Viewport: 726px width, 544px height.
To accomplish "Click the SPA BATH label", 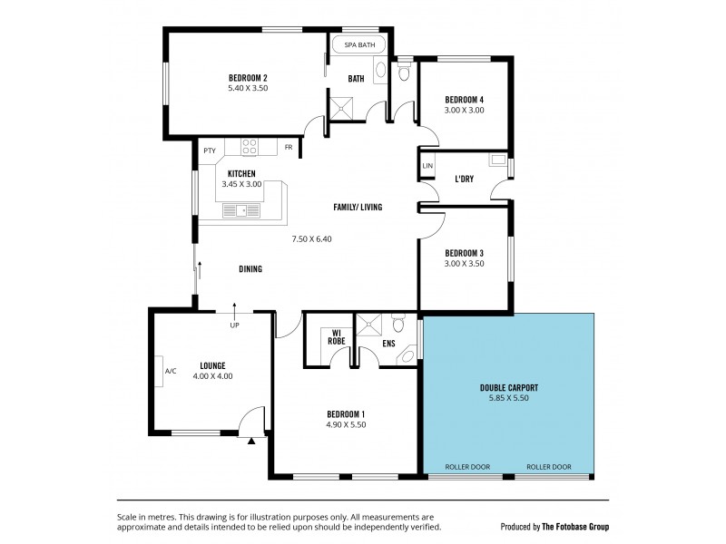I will point(358,44).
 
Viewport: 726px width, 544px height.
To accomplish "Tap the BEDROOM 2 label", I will point(247,77).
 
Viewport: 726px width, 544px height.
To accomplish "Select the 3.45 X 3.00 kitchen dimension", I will point(241,184).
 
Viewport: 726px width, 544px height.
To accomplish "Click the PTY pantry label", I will point(209,151).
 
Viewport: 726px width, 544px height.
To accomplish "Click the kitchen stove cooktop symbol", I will point(250,145).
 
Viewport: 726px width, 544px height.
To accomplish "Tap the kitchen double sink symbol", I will point(241,210).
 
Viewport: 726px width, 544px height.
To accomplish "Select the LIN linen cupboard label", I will point(427,167).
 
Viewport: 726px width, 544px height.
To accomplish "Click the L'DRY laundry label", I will point(466,179).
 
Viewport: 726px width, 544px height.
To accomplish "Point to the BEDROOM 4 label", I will point(464,99).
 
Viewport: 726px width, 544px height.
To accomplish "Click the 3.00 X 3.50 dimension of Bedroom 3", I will point(464,264).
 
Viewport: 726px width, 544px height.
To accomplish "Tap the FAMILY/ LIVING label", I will point(357,208).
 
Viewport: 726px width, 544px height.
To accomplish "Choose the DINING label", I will point(250,269).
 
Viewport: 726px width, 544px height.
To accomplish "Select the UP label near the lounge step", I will point(234,325).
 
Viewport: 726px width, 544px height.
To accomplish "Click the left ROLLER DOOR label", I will point(467,467).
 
